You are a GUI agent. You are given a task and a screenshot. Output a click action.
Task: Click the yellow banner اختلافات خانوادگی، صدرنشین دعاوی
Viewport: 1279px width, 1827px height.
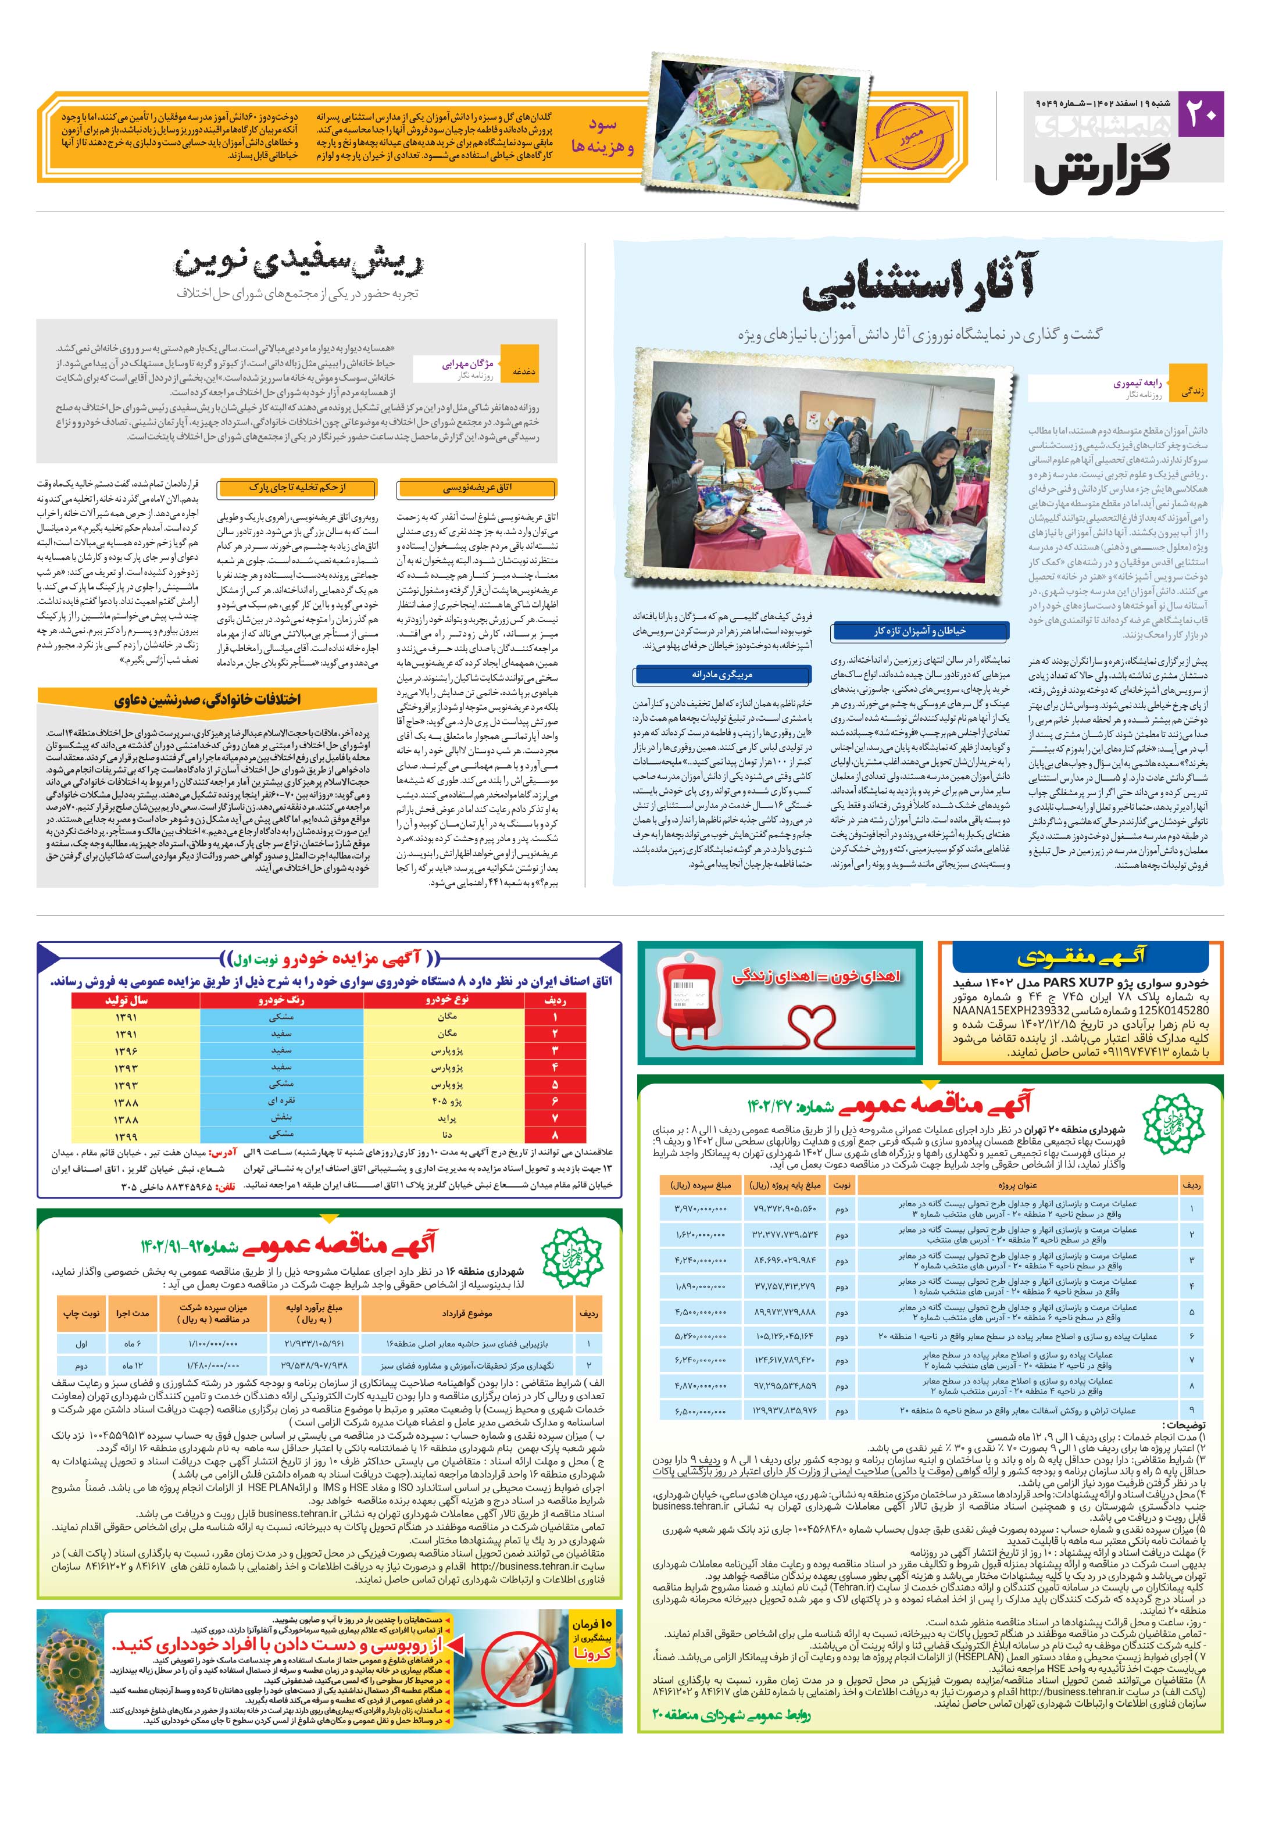(x=207, y=700)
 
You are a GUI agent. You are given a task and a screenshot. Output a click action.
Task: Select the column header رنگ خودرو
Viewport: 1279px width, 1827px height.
(x=281, y=1000)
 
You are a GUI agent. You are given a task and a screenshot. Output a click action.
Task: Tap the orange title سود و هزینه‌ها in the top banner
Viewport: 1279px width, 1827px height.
(x=602, y=136)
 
